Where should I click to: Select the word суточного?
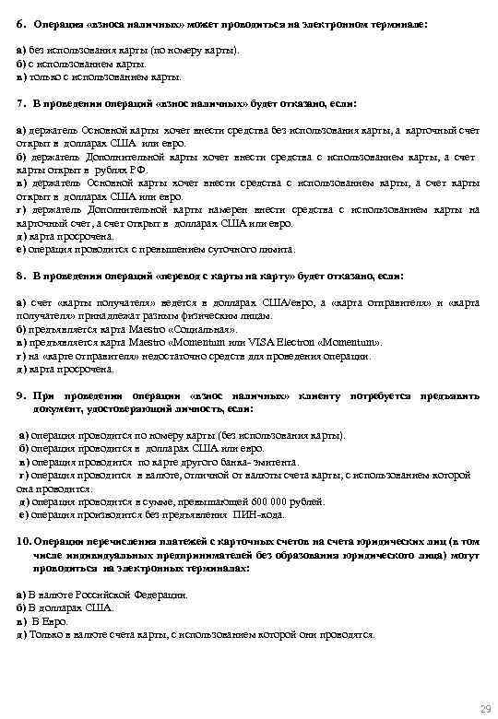(x=212, y=249)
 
